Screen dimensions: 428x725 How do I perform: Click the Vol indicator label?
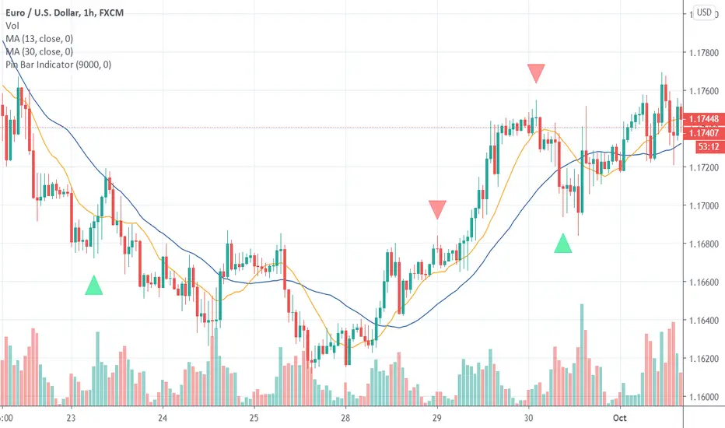click(11, 25)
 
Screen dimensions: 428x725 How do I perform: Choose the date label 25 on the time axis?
click(254, 417)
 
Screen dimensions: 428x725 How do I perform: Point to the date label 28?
click(345, 417)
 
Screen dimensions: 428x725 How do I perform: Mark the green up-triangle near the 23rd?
click(94, 286)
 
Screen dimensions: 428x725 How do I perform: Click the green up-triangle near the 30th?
click(564, 243)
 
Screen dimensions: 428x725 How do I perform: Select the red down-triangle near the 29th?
click(438, 209)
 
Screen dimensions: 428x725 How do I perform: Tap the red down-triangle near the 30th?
click(536, 74)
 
